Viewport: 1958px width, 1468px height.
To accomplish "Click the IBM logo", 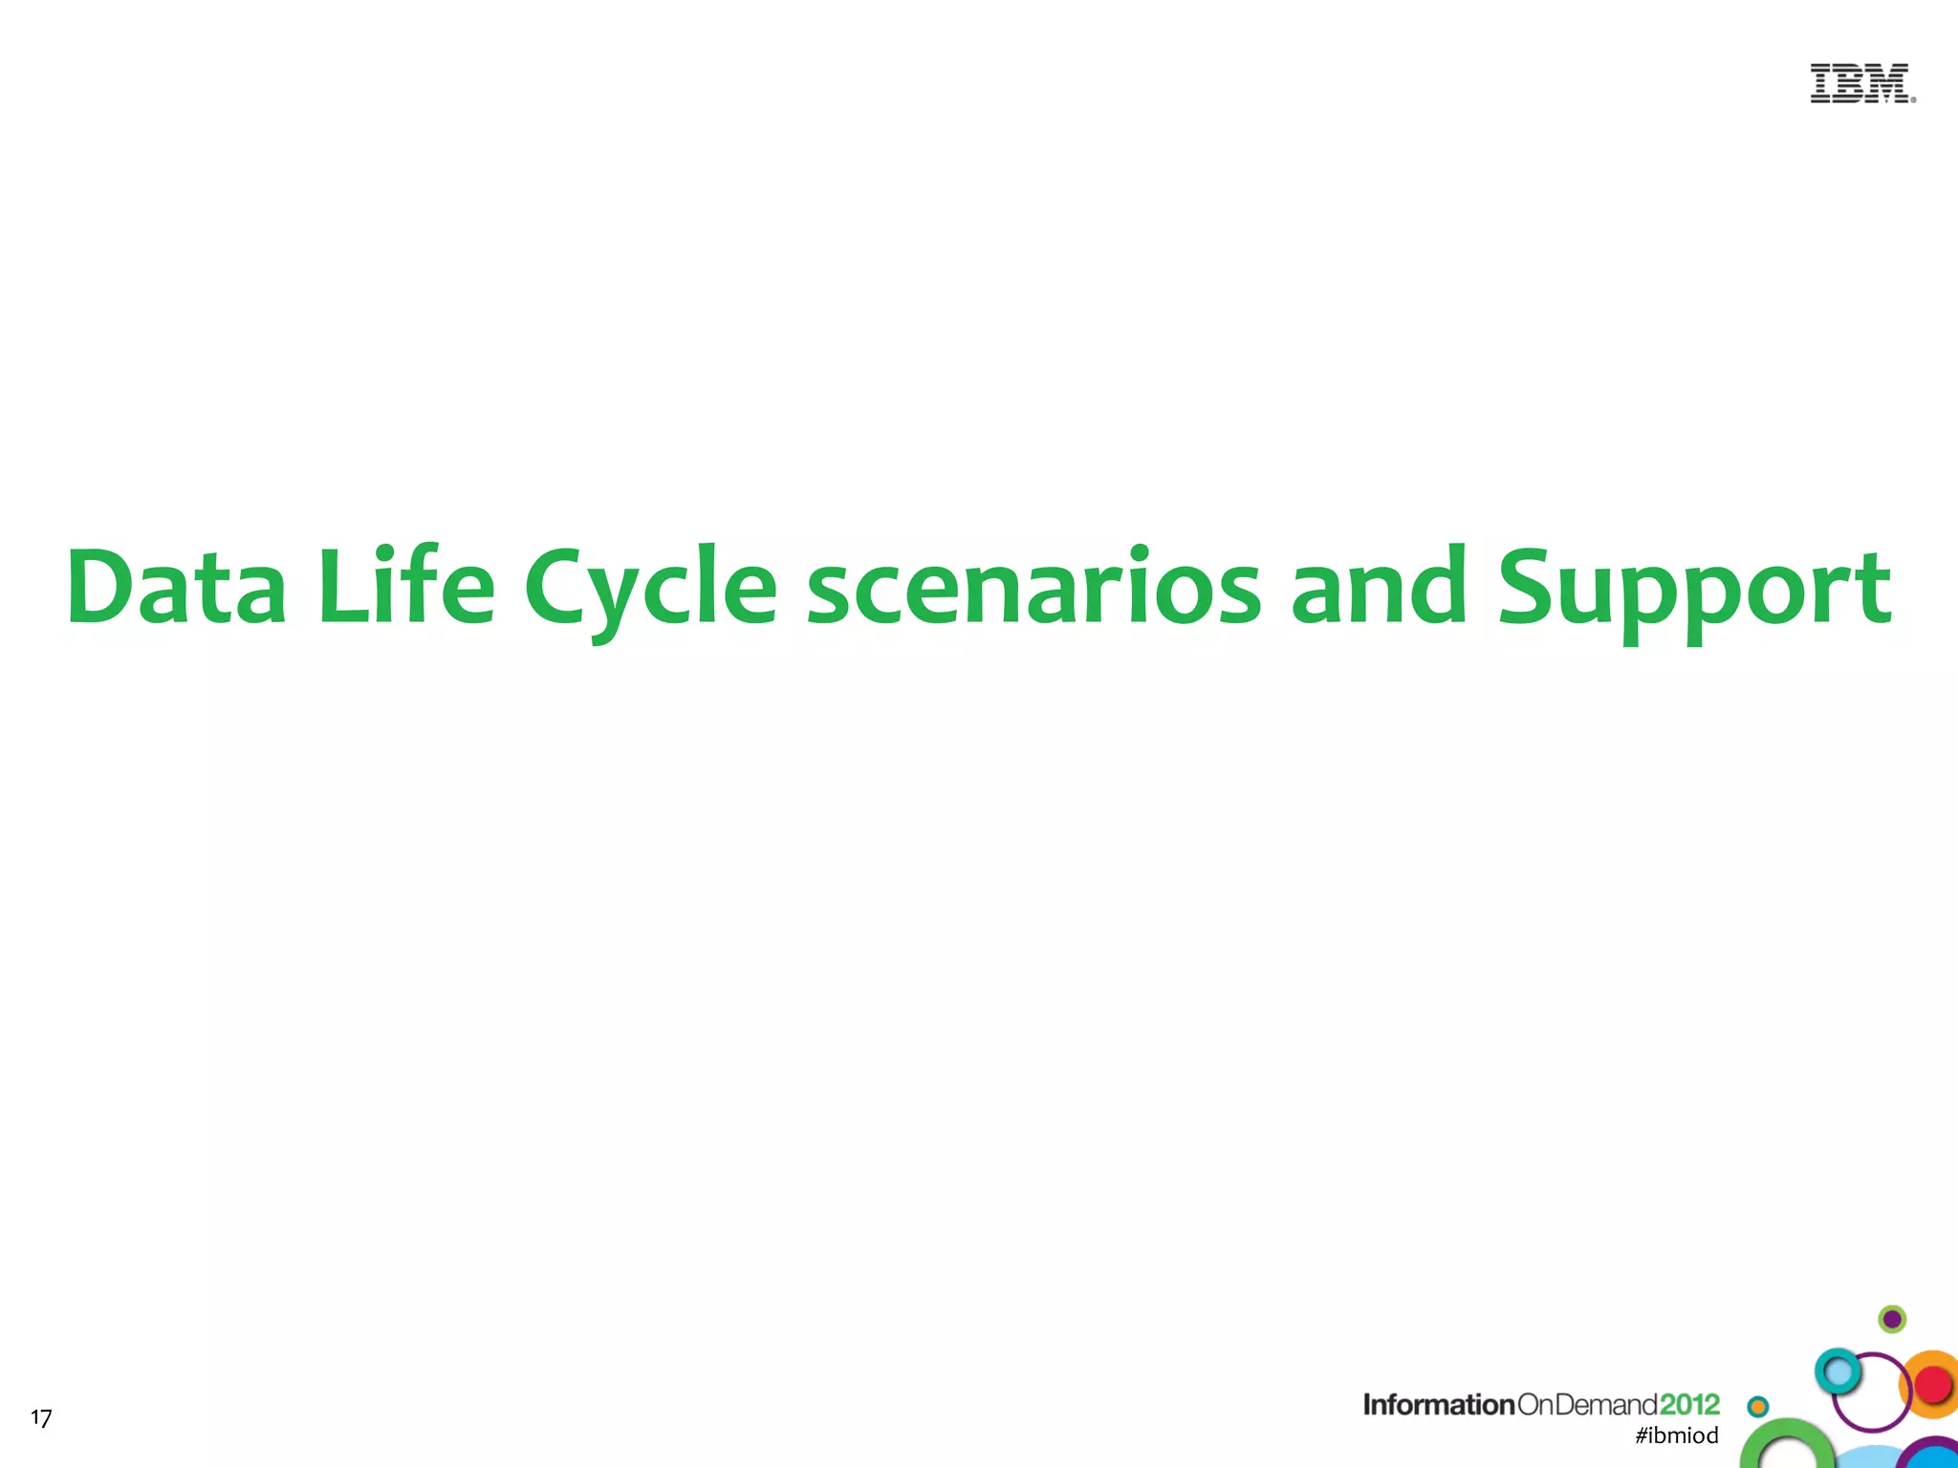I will (x=1860, y=83).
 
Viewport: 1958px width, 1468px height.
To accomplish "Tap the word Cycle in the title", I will (x=650, y=588).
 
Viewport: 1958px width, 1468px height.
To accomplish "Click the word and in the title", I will (x=1378, y=586).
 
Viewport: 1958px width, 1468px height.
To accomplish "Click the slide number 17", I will (x=41, y=1417).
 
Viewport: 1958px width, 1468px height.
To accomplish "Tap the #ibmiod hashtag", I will (x=1677, y=1436).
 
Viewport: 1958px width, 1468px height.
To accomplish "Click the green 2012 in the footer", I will (x=1689, y=1404).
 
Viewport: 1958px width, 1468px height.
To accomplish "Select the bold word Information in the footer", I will (x=1438, y=1404).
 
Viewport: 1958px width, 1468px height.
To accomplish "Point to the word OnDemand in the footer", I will (x=1587, y=1404).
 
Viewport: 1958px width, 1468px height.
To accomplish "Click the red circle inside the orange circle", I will (x=1934, y=1383).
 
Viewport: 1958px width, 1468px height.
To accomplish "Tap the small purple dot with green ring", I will (x=1892, y=1320).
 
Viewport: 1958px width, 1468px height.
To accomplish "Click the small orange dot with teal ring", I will (x=1758, y=1406).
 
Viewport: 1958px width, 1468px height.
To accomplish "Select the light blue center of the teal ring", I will (x=1837, y=1372).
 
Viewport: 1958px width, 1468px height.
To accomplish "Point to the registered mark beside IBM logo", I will (x=1913, y=99).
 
